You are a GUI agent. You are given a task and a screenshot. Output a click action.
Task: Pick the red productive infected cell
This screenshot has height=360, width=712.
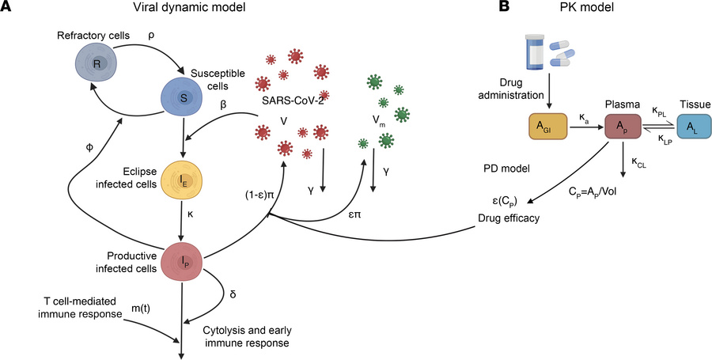tap(183, 260)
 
